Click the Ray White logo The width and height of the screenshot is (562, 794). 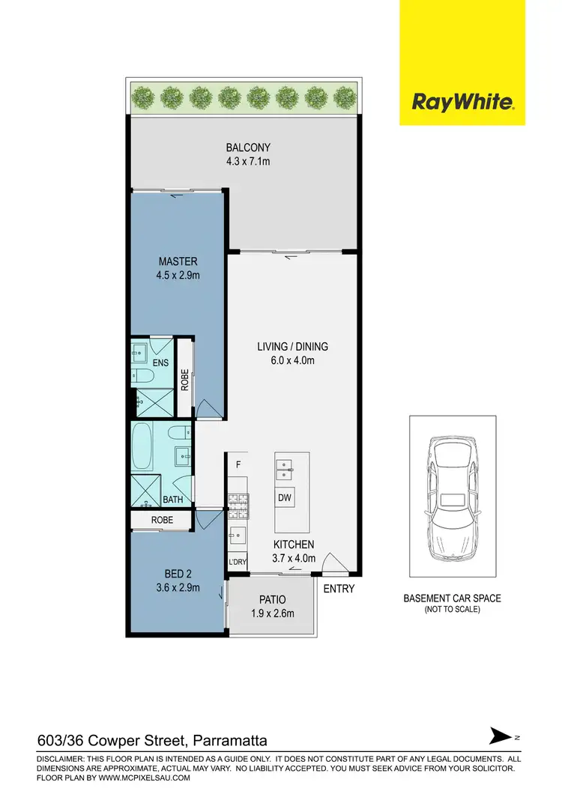pyautogui.click(x=462, y=101)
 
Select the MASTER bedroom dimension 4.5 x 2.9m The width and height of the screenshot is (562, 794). pyautogui.click(x=178, y=275)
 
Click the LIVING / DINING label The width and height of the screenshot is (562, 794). pyautogui.click(x=292, y=347)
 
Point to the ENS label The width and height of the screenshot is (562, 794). pyautogui.click(x=160, y=363)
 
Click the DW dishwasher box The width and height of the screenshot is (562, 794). pyautogui.click(x=285, y=497)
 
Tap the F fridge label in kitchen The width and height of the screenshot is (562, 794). pyautogui.click(x=238, y=463)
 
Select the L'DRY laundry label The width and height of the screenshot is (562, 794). pyautogui.click(x=237, y=562)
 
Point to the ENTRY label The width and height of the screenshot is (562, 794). pyautogui.click(x=339, y=589)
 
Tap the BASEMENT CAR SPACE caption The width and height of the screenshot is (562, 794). pyautogui.click(x=452, y=598)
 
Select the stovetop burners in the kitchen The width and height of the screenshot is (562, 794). pyautogui.click(x=238, y=501)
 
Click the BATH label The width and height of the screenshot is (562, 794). pyautogui.click(x=173, y=499)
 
